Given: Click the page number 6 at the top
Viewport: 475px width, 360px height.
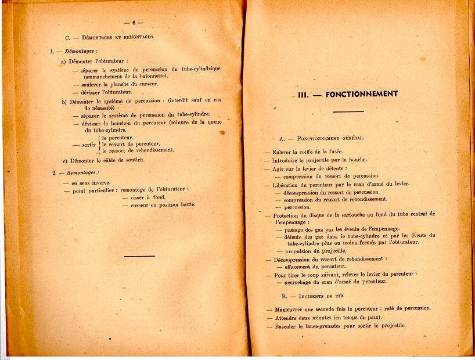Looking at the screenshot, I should point(133,23).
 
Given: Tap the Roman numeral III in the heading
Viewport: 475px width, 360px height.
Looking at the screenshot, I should point(303,94).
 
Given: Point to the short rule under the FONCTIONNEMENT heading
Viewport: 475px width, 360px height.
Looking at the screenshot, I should point(348,111).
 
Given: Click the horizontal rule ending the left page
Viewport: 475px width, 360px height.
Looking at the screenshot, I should point(139,255).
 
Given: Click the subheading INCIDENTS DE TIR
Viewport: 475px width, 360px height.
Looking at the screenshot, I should point(326,296).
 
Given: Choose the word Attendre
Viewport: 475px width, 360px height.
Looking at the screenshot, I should point(286,318).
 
